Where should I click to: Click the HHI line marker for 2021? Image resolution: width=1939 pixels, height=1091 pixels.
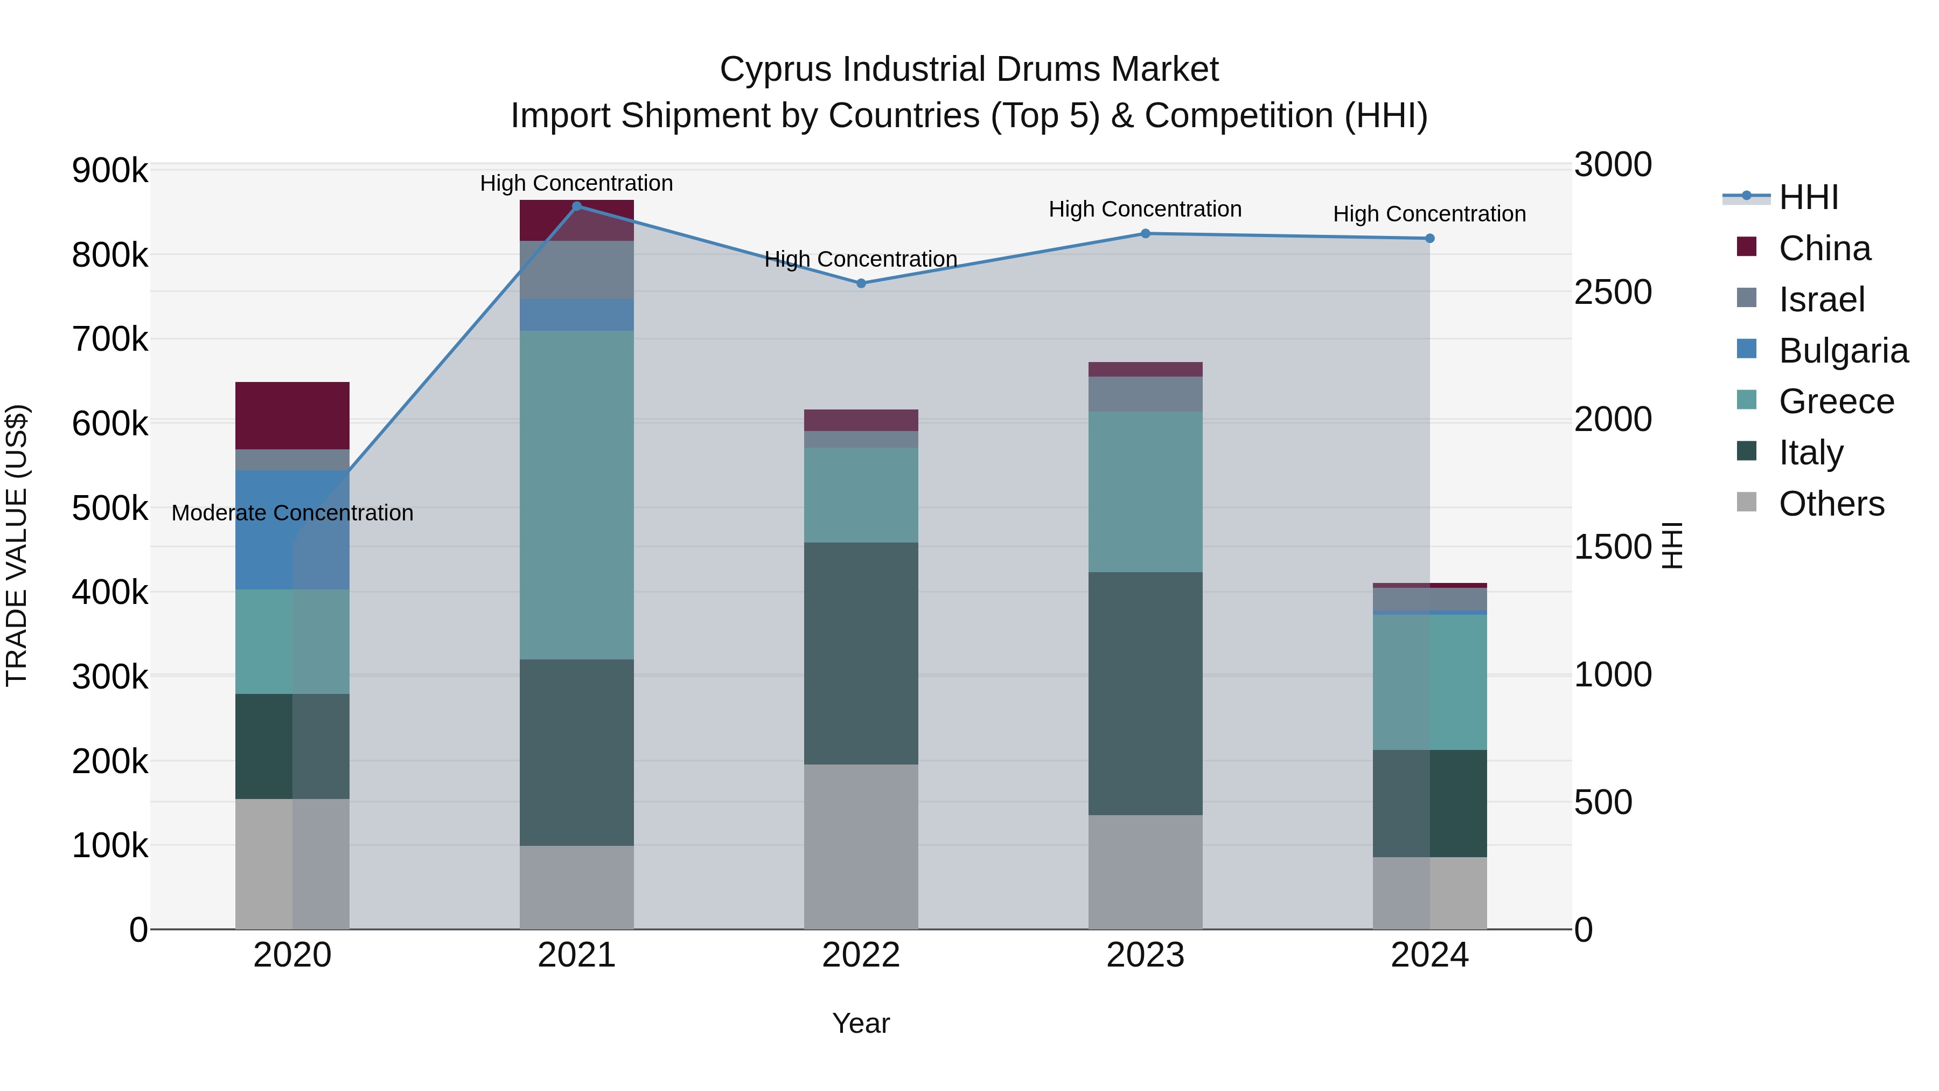[x=576, y=206]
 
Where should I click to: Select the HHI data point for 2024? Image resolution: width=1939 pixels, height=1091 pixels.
[x=1429, y=239]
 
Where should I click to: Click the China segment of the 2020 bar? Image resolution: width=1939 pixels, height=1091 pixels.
[x=292, y=415]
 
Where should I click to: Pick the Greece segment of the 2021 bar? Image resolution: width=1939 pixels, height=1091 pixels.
[x=576, y=495]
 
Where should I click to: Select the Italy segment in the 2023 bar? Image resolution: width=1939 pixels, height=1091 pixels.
[x=1145, y=693]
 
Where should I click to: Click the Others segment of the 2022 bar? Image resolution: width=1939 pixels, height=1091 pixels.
[x=861, y=846]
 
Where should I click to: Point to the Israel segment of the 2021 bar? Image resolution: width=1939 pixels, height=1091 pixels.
[x=576, y=269]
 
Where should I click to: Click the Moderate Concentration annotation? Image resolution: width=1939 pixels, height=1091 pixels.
[x=292, y=513]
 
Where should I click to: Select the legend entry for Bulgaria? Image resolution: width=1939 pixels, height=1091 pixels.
[x=1843, y=351]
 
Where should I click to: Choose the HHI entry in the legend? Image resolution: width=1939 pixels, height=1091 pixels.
[x=1808, y=197]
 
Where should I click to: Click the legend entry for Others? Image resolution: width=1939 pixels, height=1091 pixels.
[x=1831, y=504]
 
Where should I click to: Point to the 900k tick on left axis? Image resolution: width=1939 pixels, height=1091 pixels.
[x=110, y=171]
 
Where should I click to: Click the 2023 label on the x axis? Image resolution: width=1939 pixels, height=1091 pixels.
[x=1145, y=955]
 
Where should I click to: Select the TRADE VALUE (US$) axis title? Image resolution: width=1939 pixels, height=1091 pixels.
[x=17, y=545]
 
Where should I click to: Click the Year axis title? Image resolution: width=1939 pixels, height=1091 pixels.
[x=861, y=1023]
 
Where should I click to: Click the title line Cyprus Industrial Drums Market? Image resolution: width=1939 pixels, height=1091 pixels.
[x=969, y=70]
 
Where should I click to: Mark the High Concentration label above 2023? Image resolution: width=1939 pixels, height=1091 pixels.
[x=1145, y=210]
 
